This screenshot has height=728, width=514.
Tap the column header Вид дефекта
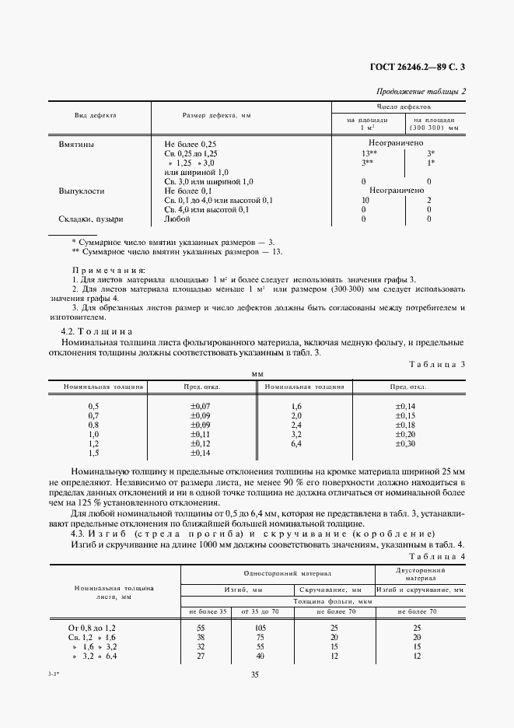(x=95, y=115)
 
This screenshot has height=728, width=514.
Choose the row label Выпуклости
(x=82, y=191)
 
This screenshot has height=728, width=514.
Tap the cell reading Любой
(x=177, y=219)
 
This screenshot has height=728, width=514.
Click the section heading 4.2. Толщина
(x=97, y=331)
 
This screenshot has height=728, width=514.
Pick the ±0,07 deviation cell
(x=201, y=407)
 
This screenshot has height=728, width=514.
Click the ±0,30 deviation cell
(x=405, y=443)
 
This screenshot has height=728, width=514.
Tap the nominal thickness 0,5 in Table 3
(x=94, y=407)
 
